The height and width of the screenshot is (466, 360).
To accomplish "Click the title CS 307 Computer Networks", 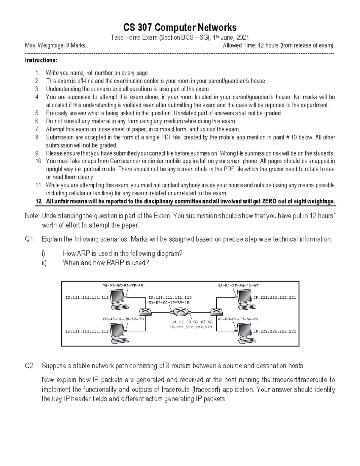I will pyautogui.click(x=180, y=28).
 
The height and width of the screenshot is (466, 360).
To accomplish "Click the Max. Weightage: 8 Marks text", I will pyautogui.click(x=55, y=46).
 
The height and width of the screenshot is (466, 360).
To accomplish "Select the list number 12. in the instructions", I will pyautogui.click(x=39, y=201).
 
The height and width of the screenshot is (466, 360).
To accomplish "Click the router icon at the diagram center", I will pyautogui.click(x=180, y=312).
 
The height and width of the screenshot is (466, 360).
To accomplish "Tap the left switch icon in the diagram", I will pyautogui.click(x=145, y=312).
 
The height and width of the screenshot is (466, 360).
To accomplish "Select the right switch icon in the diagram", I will pyautogui.click(x=215, y=312).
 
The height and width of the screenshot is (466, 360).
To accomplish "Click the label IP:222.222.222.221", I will pyautogui.click(x=275, y=298).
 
